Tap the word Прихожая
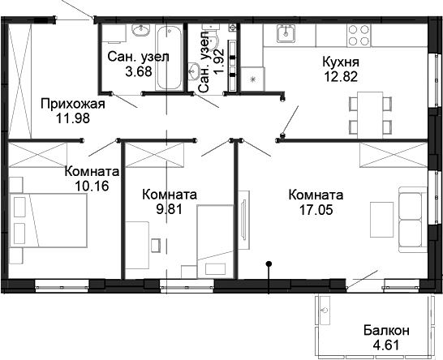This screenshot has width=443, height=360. (x=72, y=103)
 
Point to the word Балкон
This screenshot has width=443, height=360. (x=385, y=330)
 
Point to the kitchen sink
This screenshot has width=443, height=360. (x=286, y=34)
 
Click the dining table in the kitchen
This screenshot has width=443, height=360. (x=369, y=114)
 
